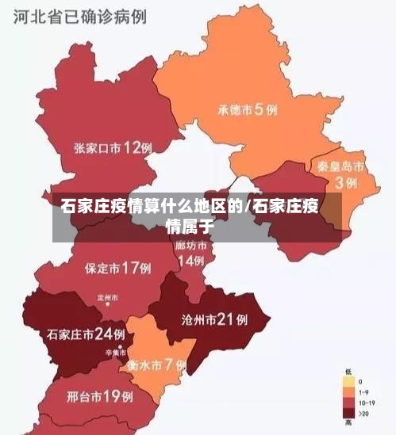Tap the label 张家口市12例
(113, 147)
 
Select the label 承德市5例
(248, 109)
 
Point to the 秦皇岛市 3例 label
(340, 174)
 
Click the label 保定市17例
(117, 268)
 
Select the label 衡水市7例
(156, 365)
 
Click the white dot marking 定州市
(107, 307)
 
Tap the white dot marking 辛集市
(120, 347)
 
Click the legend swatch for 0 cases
(348, 382)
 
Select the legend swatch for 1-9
(348, 392)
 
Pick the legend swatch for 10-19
(348, 403)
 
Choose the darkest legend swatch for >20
(348, 413)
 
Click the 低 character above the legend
(348, 372)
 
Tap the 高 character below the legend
(348, 424)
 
